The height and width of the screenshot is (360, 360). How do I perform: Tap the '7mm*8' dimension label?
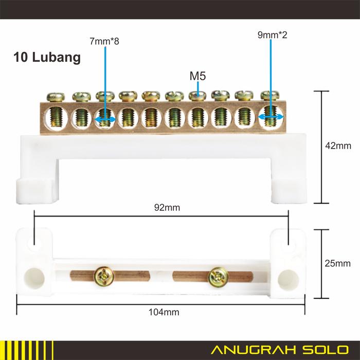coord(105,41)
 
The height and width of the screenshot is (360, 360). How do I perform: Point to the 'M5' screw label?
coord(197,76)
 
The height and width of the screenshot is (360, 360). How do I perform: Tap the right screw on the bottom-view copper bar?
coord(218,278)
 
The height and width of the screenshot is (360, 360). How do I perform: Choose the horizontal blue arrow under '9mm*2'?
coord(271,118)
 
